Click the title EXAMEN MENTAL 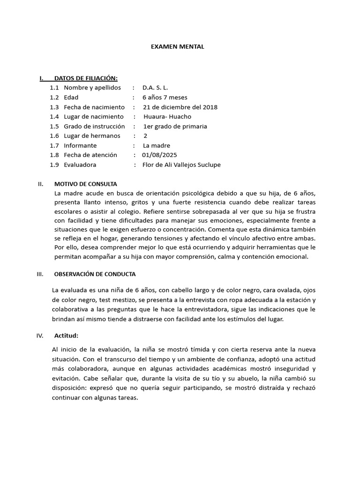pos(177,47)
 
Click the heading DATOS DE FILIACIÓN pos(86,78)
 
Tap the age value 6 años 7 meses pos(165,97)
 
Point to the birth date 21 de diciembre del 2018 pos(180,107)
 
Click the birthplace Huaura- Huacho pos(167,117)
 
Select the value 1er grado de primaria pos(175,126)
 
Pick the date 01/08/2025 pos(160,155)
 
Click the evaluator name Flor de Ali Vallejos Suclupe pos(181,165)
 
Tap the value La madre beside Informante pos(157,146)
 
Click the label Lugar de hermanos pos(92,136)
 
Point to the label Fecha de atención pos(90,155)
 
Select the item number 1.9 pos(54,165)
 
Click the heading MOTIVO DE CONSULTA pos(86,184)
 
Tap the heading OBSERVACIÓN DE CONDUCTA pos(95,274)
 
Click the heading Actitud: pos(66,336)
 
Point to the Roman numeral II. pos(40,184)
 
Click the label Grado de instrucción pos(94,126)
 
